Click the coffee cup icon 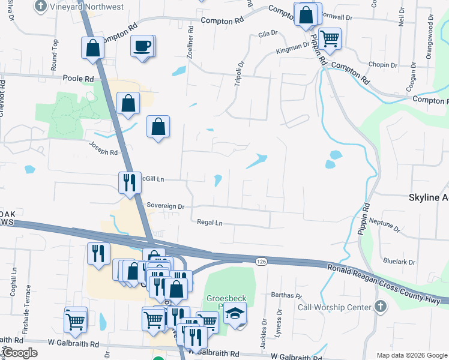click(x=142, y=46)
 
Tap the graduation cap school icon click(x=235, y=314)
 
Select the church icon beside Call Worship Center click(x=379, y=307)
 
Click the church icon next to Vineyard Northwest click(x=41, y=7)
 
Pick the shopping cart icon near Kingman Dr click(x=330, y=38)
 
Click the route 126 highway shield click(x=261, y=262)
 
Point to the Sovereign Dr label click(x=165, y=206)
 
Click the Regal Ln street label click(x=210, y=222)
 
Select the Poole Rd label click(x=78, y=79)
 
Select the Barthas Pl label click(x=286, y=295)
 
